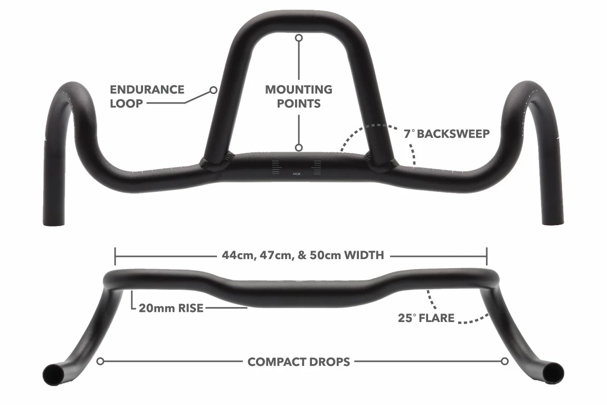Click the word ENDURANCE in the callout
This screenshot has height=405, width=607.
pyautogui.click(x=147, y=89)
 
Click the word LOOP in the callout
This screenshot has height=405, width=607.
pyautogui.click(x=126, y=104)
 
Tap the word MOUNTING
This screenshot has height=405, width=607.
pyautogui.click(x=298, y=89)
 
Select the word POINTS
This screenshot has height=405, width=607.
pyautogui.click(x=298, y=104)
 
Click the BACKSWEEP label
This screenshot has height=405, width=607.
pyautogui.click(x=453, y=134)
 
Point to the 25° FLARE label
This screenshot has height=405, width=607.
pyautogui.click(x=426, y=318)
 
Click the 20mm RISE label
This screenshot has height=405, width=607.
pyautogui.click(x=171, y=308)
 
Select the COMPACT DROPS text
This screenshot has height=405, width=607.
pyautogui.click(x=298, y=362)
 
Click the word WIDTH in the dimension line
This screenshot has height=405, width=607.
pyautogui.click(x=364, y=255)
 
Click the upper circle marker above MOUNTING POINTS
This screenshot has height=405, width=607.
pyautogui.click(x=298, y=38)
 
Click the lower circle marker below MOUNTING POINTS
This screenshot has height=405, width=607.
pyautogui.click(x=298, y=148)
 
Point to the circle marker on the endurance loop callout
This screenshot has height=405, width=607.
pyautogui.click(x=213, y=90)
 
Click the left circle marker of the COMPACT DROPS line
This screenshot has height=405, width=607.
pyautogui.click(x=100, y=362)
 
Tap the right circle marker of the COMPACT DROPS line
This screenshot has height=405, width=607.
pyautogui.click(x=505, y=362)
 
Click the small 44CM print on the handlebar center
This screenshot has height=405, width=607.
pyautogui.click(x=297, y=174)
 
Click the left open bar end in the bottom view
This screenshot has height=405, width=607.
pyautogui.click(x=54, y=375)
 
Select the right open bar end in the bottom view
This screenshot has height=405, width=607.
pyautogui.click(x=553, y=373)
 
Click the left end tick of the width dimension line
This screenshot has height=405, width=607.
pyautogui.click(x=115, y=256)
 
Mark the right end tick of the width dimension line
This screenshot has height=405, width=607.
pyautogui.click(x=487, y=256)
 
